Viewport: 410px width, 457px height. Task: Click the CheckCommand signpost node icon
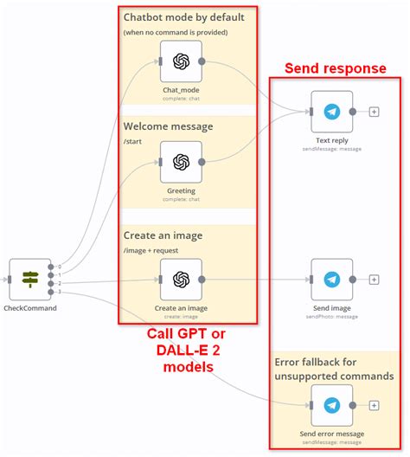30,279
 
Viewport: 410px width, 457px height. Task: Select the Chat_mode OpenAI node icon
181,61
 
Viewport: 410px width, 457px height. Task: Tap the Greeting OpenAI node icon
181,163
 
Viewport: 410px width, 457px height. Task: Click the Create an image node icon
181,280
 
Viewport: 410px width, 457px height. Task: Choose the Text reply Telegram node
332,112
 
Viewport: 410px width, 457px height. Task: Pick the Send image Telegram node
332,280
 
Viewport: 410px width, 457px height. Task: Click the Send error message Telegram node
332,405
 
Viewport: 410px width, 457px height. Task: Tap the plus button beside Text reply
374,112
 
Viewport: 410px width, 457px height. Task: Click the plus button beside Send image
374,280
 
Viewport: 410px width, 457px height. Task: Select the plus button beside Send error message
374,405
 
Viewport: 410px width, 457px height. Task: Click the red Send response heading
336,68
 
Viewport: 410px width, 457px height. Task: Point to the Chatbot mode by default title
183,16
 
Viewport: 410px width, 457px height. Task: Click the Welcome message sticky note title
168,126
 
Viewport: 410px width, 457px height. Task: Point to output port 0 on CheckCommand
52,267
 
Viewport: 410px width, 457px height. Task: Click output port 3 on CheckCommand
52,292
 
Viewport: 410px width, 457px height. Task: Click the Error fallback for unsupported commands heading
334,369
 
